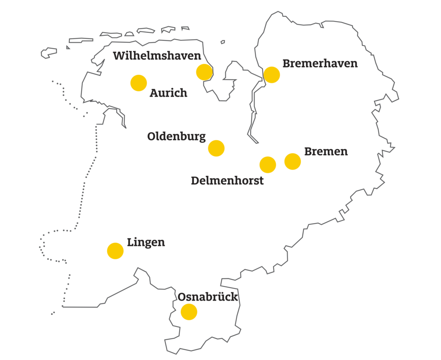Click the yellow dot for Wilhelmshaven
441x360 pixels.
(204, 72)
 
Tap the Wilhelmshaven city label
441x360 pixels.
(157, 56)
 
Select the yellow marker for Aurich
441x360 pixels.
(139, 83)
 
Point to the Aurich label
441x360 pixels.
(168, 93)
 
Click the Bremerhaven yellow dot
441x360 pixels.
(272, 74)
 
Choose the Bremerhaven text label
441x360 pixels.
(320, 64)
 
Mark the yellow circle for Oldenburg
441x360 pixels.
(216, 148)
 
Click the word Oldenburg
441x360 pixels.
(176, 137)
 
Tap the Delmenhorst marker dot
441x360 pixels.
(268, 164)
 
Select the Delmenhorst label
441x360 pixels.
(227, 181)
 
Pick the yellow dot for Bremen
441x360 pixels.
(292, 161)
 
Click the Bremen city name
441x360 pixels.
(326, 152)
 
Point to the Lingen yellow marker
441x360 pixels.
(115, 251)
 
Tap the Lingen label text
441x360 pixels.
(146, 243)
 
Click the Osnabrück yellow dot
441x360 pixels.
(189, 312)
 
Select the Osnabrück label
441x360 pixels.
(208, 297)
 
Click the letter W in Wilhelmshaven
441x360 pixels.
(119, 56)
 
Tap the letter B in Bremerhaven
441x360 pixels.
(286, 64)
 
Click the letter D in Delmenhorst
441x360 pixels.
(195, 181)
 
